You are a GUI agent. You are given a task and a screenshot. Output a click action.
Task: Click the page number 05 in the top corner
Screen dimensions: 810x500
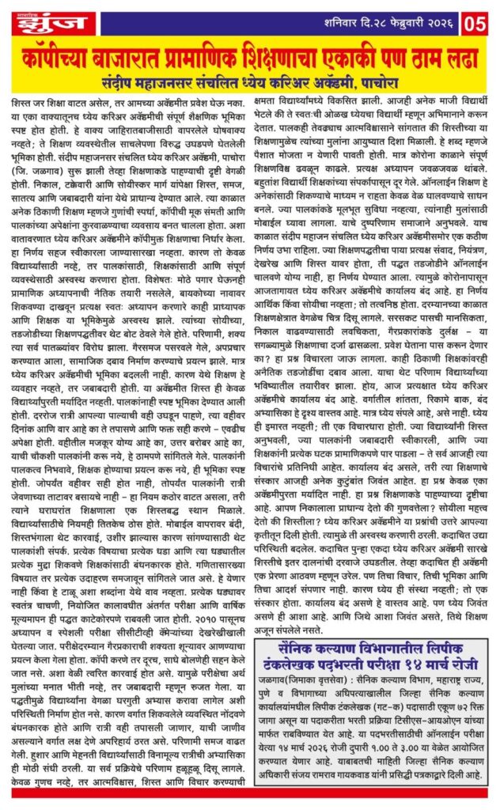[477, 23]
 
